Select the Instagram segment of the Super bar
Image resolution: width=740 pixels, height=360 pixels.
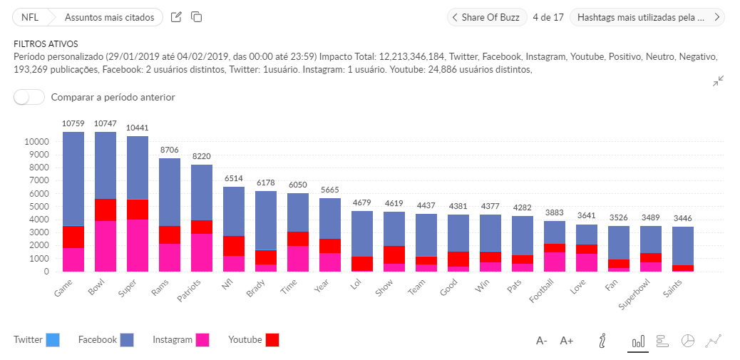coord(138,245)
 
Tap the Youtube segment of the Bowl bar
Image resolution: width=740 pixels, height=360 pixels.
coord(106,210)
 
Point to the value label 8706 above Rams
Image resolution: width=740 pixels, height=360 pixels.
coord(170,150)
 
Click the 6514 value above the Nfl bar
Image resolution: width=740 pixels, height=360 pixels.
coord(234,178)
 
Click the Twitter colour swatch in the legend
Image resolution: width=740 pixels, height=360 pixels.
coord(53,340)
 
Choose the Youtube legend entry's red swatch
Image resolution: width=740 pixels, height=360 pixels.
coord(272,340)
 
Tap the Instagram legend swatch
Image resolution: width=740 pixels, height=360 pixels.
coord(202,340)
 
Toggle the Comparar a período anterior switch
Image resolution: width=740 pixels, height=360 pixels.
coord(29,97)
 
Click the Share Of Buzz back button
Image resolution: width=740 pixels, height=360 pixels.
coord(487,17)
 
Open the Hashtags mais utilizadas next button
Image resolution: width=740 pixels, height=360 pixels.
coord(647,17)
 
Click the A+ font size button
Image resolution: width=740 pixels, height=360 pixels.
coord(567,341)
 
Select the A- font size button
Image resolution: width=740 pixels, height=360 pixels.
coord(542,341)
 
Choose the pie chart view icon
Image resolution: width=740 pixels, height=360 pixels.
coord(688,341)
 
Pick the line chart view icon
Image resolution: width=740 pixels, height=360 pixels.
coord(713,341)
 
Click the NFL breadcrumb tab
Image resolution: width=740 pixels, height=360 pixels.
coord(30,17)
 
